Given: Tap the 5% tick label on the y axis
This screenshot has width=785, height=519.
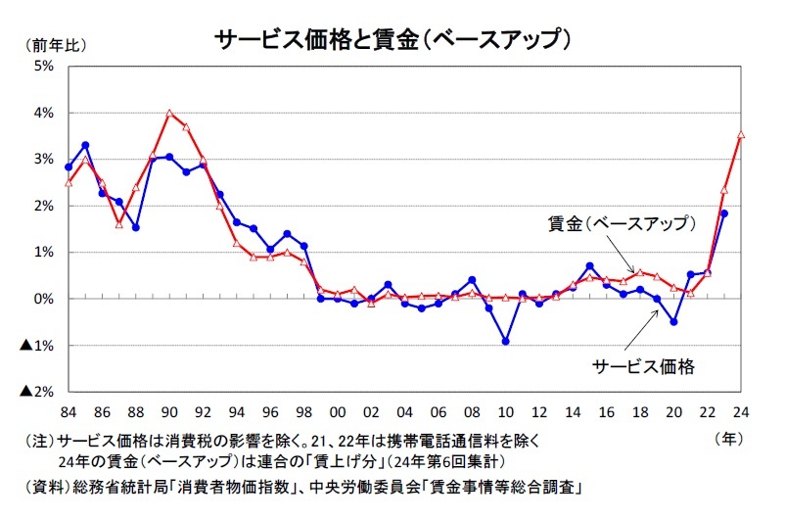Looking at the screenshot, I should click(x=44, y=67).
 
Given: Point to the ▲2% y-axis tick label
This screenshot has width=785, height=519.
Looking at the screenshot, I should click(x=36, y=392).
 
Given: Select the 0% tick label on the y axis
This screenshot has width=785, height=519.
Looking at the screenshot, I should click(x=44, y=299).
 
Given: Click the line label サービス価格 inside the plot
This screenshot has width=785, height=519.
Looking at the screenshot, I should click(x=644, y=367).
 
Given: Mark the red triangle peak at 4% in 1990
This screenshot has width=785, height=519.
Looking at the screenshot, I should click(x=169, y=114).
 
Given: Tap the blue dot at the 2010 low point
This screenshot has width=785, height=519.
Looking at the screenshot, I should click(x=505, y=341).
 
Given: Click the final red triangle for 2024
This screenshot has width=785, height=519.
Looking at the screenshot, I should click(x=741, y=135).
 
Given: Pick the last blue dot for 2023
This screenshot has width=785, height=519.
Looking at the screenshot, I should click(x=724, y=213).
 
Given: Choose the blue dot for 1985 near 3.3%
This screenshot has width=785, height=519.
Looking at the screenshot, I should click(x=85, y=145).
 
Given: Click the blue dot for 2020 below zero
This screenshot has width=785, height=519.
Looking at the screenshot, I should click(x=674, y=321).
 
